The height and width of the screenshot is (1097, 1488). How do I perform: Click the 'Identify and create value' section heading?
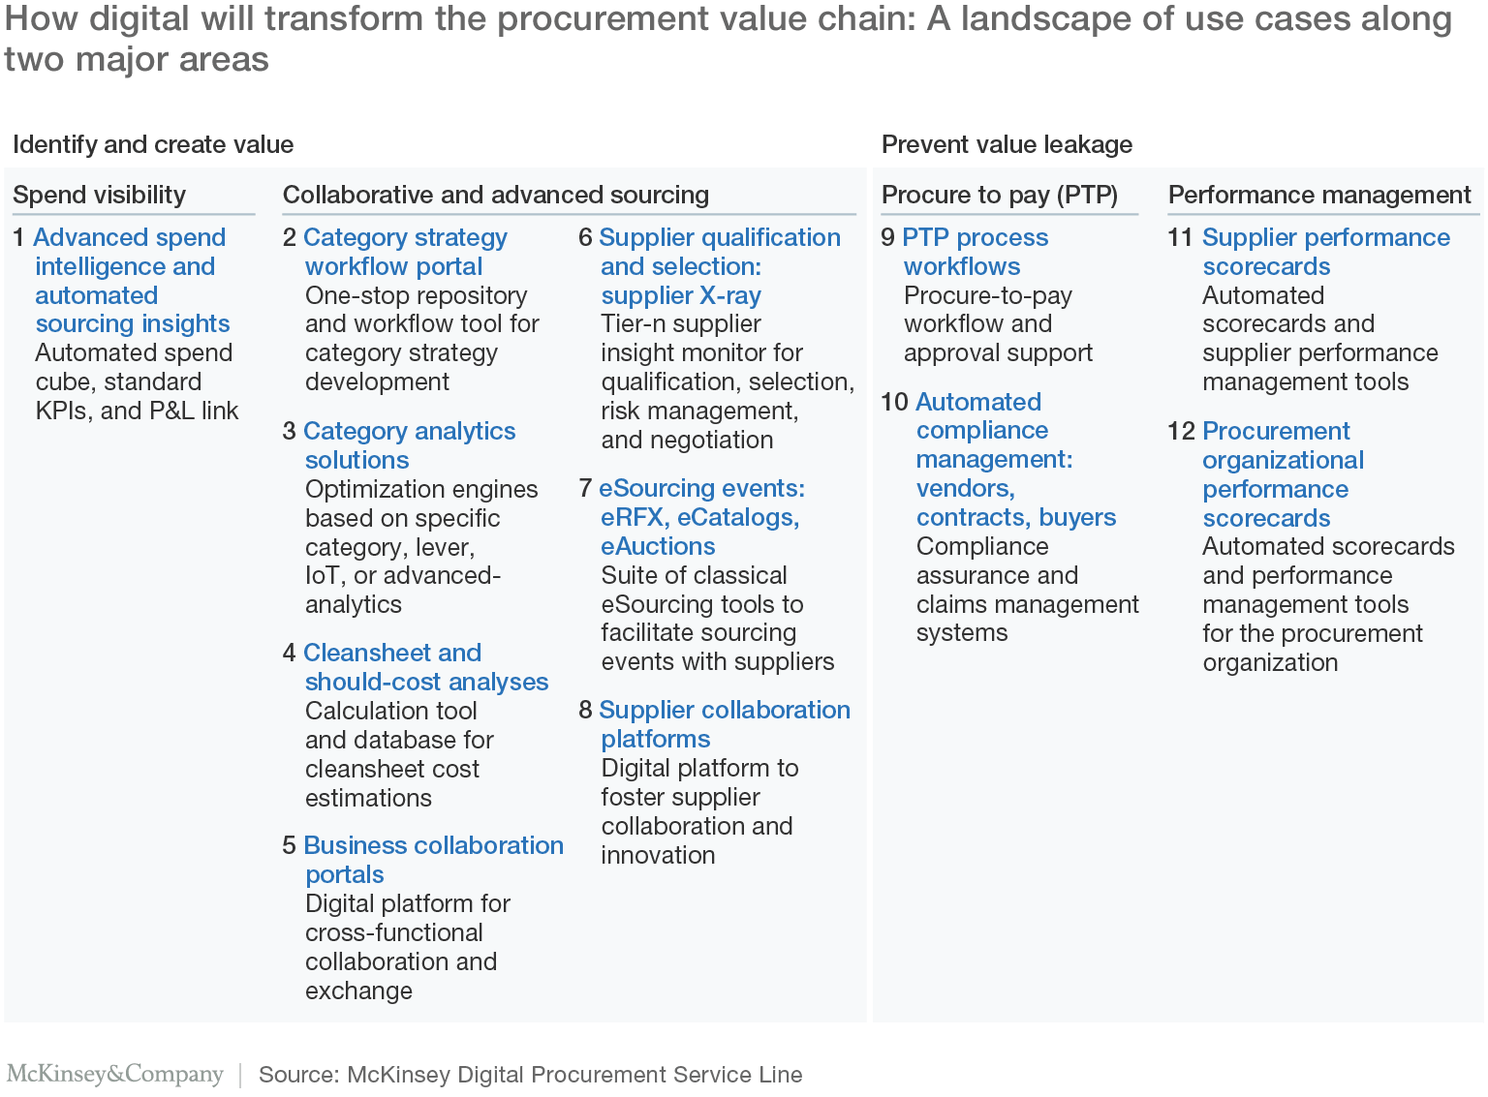[x=153, y=145]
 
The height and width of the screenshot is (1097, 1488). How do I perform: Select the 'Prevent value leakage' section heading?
[x=1007, y=145]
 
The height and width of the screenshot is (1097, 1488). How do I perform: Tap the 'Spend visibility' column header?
[x=99, y=196]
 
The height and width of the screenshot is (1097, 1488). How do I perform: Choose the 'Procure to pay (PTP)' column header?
[x=1000, y=196]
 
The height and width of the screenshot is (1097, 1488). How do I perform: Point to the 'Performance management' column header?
[x=1319, y=196]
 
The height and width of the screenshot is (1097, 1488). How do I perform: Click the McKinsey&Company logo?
[x=115, y=1074]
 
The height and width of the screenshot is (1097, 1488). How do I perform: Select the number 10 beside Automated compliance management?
[x=894, y=402]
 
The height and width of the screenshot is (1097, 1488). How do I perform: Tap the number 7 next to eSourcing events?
[x=584, y=488]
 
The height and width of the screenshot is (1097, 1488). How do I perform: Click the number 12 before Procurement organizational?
[x=1181, y=431]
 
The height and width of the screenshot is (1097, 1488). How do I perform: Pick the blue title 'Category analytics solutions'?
[x=409, y=445]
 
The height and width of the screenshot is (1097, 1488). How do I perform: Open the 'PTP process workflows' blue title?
[x=976, y=252]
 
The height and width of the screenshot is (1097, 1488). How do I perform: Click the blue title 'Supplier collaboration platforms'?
[x=725, y=724]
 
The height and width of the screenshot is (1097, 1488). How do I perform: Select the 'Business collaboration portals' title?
[x=434, y=860]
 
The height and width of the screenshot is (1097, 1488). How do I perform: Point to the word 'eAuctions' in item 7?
[x=658, y=546]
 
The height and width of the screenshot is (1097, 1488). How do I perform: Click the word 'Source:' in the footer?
[x=299, y=1075]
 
